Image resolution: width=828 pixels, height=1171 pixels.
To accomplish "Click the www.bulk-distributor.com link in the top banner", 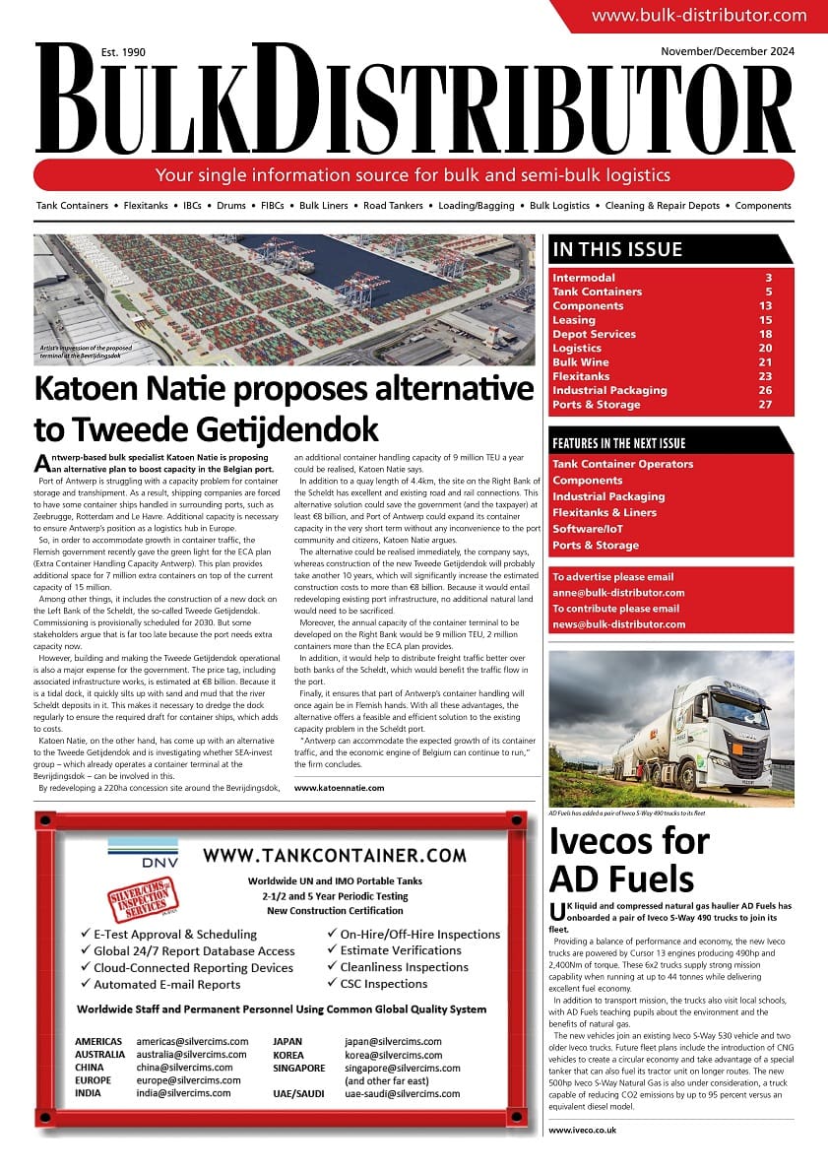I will coord(698,15).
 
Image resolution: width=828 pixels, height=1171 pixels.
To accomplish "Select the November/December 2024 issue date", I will coord(728,51).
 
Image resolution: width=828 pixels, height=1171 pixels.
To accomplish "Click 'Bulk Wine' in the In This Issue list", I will coord(581,362).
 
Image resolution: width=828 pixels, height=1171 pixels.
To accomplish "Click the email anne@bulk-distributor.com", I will coord(618,593).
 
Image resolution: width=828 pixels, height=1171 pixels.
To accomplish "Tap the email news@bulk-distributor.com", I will coord(618,624).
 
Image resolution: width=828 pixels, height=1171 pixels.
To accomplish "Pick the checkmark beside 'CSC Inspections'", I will coord(333,983).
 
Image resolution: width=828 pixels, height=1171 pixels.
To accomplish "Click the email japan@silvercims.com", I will coord(393,1041).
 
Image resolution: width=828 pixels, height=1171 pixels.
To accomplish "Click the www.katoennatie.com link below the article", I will coord(339,788).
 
